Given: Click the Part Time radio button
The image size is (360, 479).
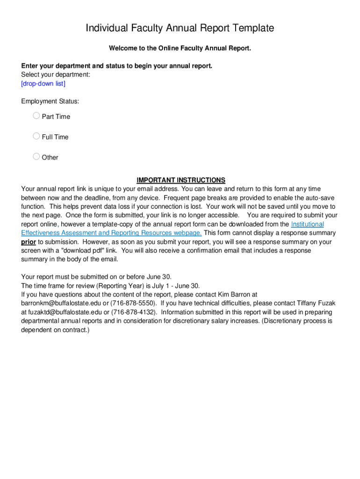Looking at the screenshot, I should coord(36,116).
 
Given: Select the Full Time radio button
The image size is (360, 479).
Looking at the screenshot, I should coord(36,136).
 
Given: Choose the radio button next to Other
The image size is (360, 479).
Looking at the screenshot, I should coord(36,157).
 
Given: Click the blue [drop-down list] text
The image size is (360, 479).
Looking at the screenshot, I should coord(43,83).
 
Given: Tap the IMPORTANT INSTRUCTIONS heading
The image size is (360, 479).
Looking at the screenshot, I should coord(180,180).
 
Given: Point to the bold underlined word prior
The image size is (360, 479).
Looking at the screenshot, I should coord(29,242).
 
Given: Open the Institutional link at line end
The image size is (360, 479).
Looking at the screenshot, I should coord(307,224).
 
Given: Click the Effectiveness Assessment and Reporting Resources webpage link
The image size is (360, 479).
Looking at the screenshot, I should coord(111,233).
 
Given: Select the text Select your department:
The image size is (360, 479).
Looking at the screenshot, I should coord(56,74).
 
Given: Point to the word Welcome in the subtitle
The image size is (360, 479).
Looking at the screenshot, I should coord(126,48).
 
